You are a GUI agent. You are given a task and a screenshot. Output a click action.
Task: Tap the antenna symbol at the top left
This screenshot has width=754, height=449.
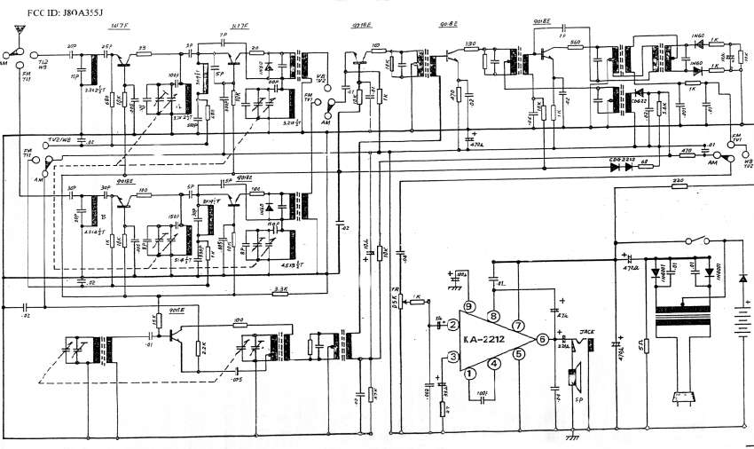pyautogui.click(x=16, y=33)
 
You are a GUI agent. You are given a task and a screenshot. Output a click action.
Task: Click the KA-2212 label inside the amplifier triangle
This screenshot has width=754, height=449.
pyautogui.click(x=490, y=338)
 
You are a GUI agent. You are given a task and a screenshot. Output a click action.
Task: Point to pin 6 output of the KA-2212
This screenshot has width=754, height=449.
pyautogui.click(x=541, y=338)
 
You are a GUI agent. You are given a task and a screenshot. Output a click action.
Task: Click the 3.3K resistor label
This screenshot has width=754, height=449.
pyautogui.click(x=281, y=288)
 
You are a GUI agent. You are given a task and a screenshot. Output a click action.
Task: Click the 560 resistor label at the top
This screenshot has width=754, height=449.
pyautogui.click(x=575, y=43)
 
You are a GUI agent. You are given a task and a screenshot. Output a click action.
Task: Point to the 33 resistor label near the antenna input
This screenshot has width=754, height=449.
pyautogui.click(x=141, y=50)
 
